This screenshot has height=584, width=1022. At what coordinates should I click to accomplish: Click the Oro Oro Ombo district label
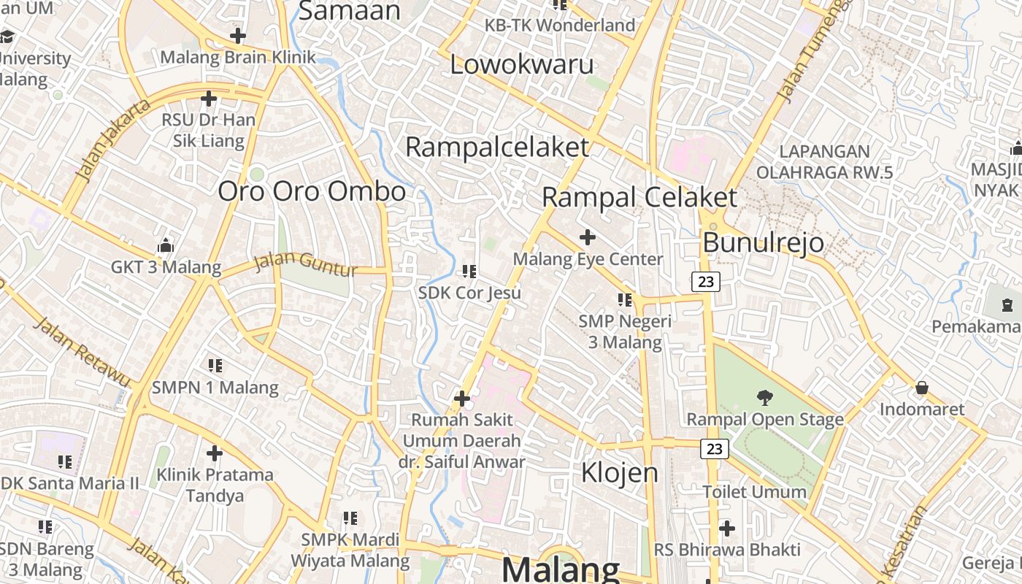click(x=312, y=191)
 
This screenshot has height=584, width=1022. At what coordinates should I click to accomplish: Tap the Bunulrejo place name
click(x=763, y=242)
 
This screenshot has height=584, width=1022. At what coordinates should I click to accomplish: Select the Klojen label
click(x=619, y=473)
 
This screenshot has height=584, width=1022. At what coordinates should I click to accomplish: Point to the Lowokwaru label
click(x=521, y=64)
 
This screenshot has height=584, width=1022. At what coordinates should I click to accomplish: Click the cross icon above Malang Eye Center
click(x=587, y=237)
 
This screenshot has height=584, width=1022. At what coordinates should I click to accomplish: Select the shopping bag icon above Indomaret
click(x=921, y=388)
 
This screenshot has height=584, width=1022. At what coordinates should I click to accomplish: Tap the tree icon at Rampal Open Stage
click(x=764, y=398)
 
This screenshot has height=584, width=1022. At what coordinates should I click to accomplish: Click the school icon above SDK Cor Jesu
click(x=469, y=272)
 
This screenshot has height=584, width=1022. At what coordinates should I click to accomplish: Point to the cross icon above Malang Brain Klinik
click(x=237, y=36)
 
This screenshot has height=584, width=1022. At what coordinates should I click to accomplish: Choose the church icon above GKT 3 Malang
click(x=166, y=245)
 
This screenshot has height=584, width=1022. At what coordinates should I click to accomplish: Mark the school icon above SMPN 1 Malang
click(x=215, y=365)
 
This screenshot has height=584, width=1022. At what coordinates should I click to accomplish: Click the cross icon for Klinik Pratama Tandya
click(x=214, y=453)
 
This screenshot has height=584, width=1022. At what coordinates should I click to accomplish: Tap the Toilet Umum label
click(x=754, y=492)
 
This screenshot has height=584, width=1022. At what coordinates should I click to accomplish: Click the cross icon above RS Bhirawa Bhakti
click(x=726, y=528)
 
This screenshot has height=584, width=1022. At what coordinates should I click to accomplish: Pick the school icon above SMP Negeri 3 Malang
click(x=624, y=299)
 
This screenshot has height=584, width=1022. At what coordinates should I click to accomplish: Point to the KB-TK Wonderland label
click(x=560, y=26)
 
